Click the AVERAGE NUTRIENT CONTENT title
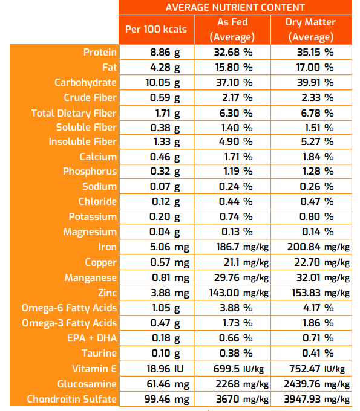pos(235,7)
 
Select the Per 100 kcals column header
pos(155,29)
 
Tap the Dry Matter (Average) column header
pos(310,29)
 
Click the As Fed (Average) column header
pos(232,29)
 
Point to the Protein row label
pos(100,53)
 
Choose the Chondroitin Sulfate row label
pos(72,399)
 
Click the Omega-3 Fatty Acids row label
pos(69,323)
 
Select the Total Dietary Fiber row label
pos(74,113)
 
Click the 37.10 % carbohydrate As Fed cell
pos(233,82)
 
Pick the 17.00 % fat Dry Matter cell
pos(310,67)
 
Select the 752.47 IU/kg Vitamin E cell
pos(317,369)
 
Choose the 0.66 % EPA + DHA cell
pos(233,338)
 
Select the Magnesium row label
pos(90,232)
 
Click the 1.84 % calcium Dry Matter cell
pos(310,157)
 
